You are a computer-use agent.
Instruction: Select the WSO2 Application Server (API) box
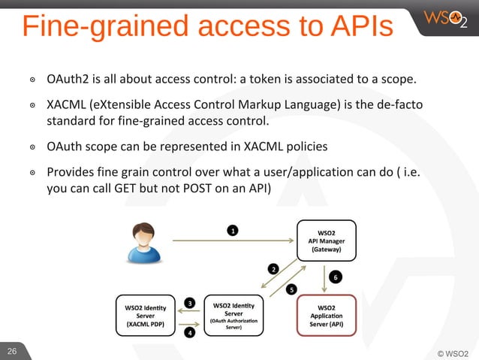(327, 316)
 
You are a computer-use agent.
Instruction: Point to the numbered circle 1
(233, 231)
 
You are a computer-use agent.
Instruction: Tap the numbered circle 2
(274, 268)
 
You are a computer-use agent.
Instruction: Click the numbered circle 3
(191, 302)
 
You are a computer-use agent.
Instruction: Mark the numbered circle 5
(291, 289)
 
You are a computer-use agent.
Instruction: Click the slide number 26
(12, 352)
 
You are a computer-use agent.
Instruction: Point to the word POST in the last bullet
(177, 187)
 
